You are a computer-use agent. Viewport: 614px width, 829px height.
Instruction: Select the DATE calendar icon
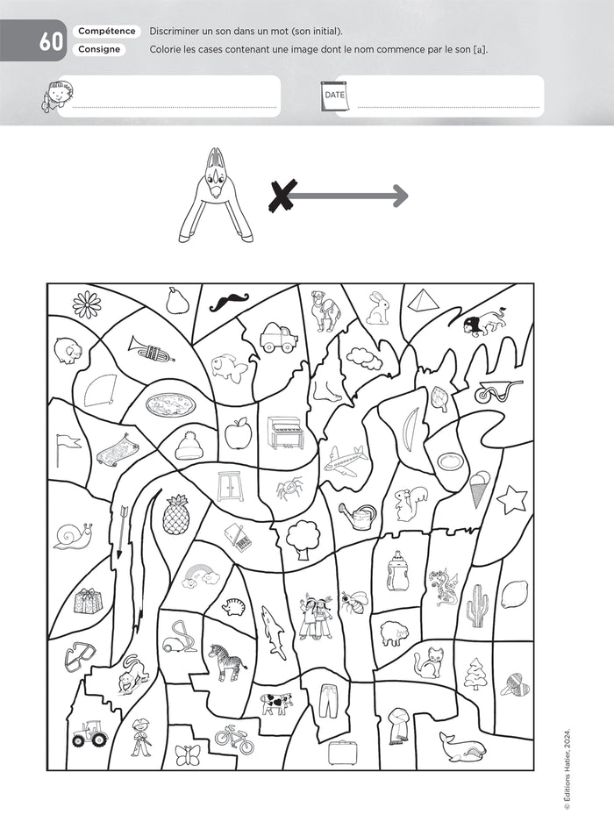tap(335, 96)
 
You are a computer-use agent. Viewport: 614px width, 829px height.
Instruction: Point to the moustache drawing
tap(228, 301)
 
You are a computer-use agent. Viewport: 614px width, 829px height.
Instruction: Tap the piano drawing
tap(284, 432)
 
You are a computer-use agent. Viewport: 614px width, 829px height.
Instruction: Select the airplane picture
tap(345, 461)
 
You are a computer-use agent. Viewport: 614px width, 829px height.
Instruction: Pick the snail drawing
tap(71, 535)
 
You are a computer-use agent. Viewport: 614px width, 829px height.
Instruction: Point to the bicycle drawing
tap(232, 738)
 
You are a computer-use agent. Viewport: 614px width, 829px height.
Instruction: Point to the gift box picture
tap(88, 601)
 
